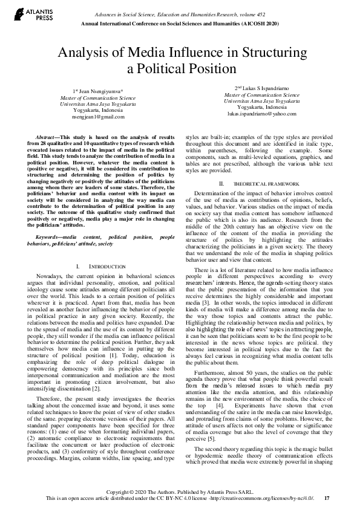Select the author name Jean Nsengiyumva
100,89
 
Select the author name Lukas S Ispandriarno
261,88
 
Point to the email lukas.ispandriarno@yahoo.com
258,113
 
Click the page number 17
327,499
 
